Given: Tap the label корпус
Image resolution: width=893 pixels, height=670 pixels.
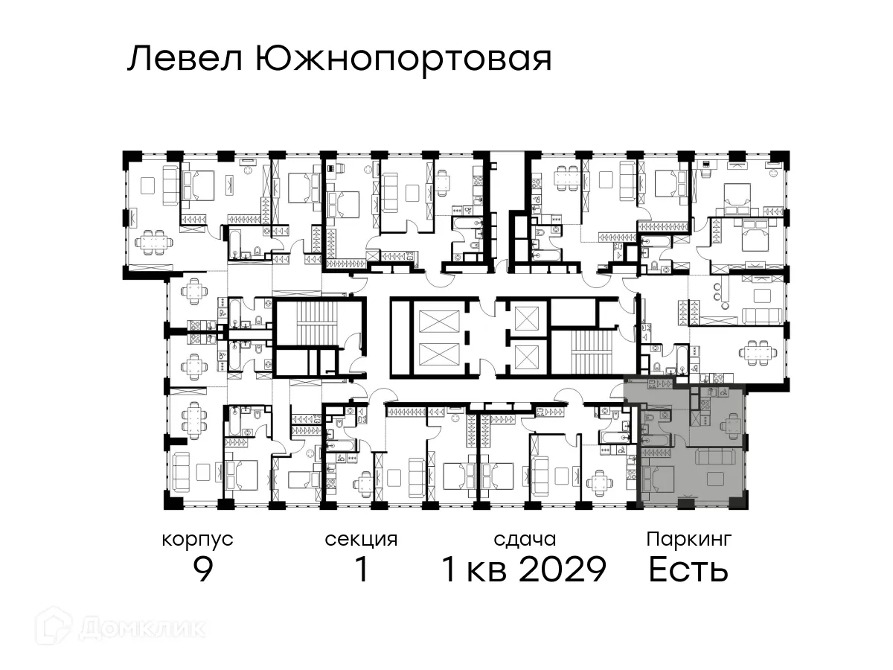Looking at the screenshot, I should point(197,539).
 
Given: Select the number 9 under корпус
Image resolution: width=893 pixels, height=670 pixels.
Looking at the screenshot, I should point(203,570).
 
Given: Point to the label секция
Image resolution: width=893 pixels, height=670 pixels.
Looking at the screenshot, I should point(361,539).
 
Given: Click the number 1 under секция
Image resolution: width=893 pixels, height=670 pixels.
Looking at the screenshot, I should point(362,570).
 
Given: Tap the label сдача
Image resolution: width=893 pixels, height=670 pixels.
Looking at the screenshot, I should point(525,539).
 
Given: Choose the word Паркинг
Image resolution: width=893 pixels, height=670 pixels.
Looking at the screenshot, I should point(689,539).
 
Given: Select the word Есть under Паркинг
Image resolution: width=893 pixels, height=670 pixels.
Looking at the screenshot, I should point(688,570).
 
